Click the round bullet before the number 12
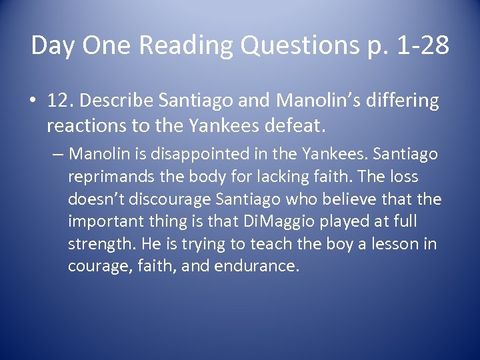tap(33, 101)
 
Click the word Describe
tap(115, 101)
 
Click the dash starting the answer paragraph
tap(58, 155)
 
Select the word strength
tap(99, 244)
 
